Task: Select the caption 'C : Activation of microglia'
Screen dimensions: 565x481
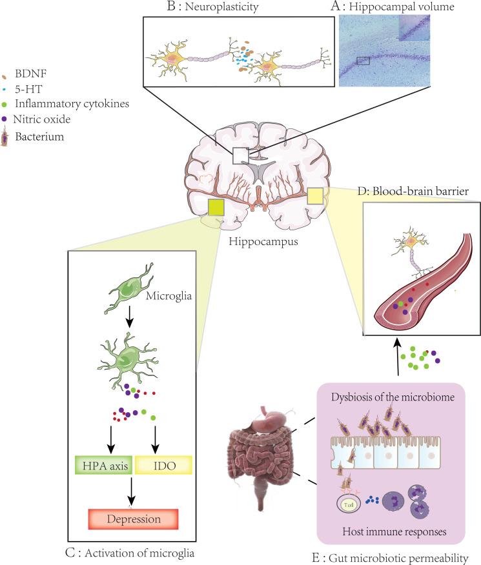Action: pos(132,552)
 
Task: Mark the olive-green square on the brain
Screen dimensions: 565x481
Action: pos(216,208)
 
